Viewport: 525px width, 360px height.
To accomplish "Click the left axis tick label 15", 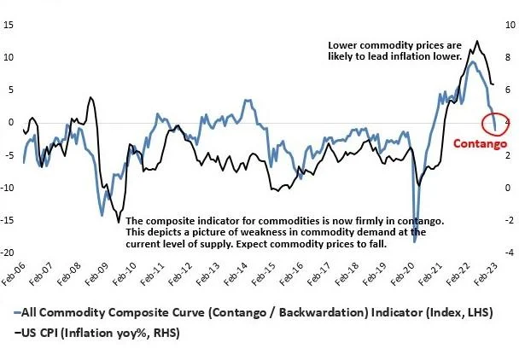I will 9,24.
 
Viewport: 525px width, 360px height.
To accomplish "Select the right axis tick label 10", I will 510,24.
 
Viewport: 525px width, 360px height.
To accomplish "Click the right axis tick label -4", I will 510,253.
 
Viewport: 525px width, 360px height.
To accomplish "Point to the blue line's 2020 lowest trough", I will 415,241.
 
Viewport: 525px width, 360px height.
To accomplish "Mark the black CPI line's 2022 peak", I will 476,41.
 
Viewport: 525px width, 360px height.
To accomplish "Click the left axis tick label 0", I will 10,122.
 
